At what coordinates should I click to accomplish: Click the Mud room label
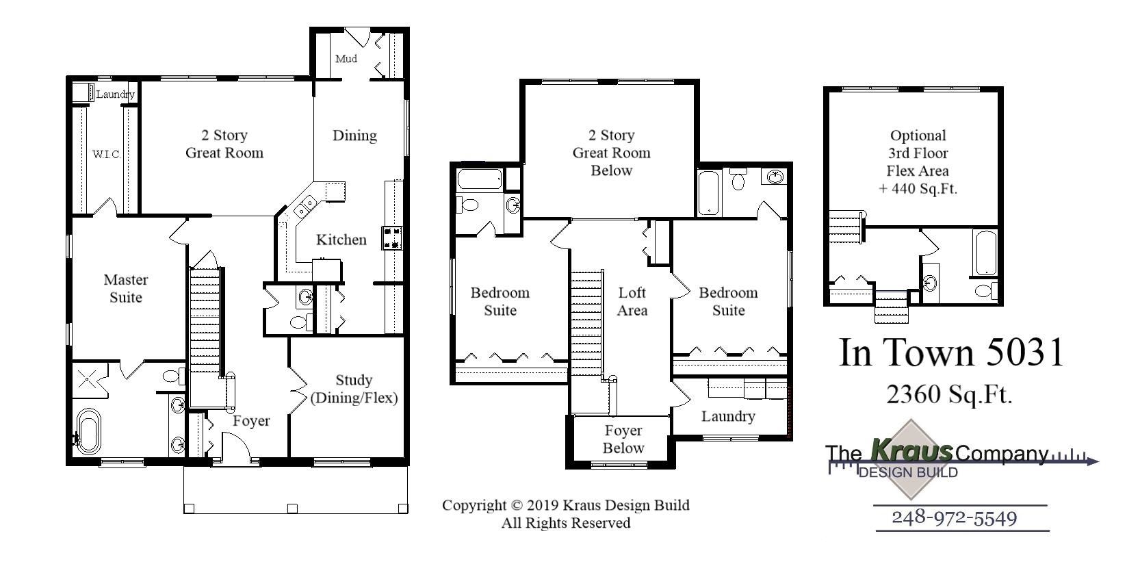pyautogui.click(x=346, y=59)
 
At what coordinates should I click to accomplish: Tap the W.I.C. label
pyautogui.click(x=107, y=155)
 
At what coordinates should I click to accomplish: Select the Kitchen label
pyautogui.click(x=341, y=240)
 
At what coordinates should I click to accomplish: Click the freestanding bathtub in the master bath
pyautogui.click(x=88, y=430)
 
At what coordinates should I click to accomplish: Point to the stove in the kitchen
pyautogui.click(x=392, y=237)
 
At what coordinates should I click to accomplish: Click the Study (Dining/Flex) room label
pyautogui.click(x=354, y=389)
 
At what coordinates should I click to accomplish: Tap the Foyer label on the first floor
pyautogui.click(x=251, y=421)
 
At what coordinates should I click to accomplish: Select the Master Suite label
pyautogui.click(x=126, y=288)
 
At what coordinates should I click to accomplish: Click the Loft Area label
pyautogui.click(x=632, y=301)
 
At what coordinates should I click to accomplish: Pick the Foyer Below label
pyautogui.click(x=623, y=439)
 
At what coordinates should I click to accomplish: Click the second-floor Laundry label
pyautogui.click(x=728, y=416)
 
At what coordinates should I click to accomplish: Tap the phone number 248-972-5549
pyautogui.click(x=954, y=517)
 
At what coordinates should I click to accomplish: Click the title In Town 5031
pyautogui.click(x=952, y=352)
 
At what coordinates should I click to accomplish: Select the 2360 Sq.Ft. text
pyautogui.click(x=949, y=394)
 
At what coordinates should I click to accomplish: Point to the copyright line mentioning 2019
pyautogui.click(x=565, y=505)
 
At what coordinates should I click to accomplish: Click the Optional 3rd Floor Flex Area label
pyautogui.click(x=918, y=162)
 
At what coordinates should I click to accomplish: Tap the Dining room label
pyautogui.click(x=354, y=136)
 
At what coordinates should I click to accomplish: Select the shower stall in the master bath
pyautogui.click(x=88, y=379)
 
